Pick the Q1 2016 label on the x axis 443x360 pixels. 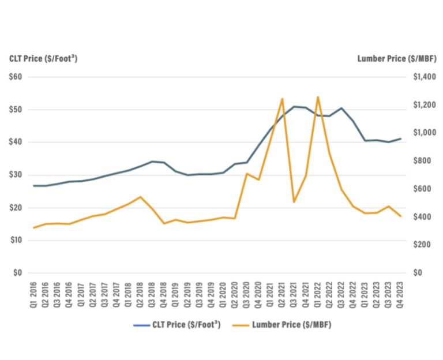click(x=34, y=293)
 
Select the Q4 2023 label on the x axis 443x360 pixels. click(x=400, y=293)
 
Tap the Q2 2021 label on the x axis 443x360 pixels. click(x=282, y=293)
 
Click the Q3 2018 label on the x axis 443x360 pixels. click(x=152, y=293)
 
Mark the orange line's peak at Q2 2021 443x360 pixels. click(x=282, y=99)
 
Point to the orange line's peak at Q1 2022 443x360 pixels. click(x=317, y=97)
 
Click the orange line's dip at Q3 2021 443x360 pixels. click(x=294, y=202)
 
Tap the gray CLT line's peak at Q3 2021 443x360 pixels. click(x=294, y=106)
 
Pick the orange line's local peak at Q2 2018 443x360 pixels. click(x=141, y=197)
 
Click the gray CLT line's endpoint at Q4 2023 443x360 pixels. click(x=400, y=138)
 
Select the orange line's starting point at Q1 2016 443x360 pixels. click(x=34, y=227)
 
